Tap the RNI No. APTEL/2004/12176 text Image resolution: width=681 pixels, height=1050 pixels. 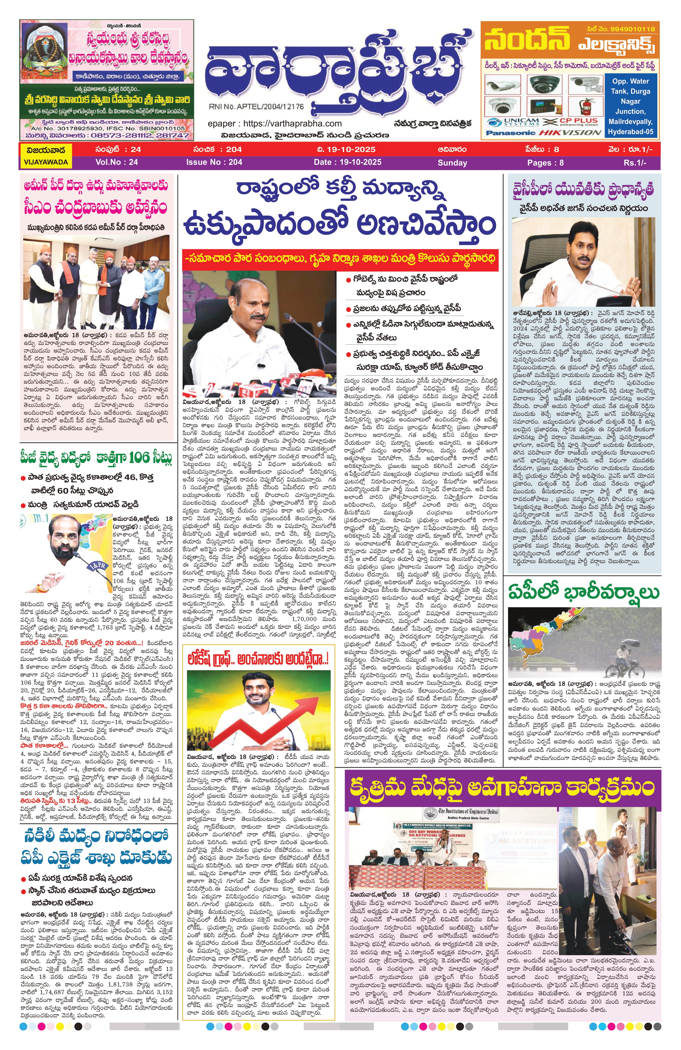pos(256,107)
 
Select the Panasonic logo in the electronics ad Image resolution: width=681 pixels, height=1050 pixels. pos(511,132)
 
